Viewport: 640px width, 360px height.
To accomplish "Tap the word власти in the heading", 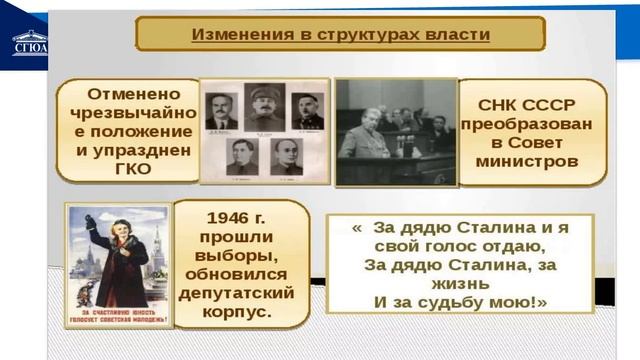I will point(454,34).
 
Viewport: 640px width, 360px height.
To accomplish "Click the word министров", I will point(531,158).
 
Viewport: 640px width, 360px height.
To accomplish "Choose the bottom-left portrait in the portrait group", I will point(240,156).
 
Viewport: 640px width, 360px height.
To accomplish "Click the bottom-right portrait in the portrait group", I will point(286,156).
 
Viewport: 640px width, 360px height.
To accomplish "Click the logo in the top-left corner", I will point(29,42).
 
